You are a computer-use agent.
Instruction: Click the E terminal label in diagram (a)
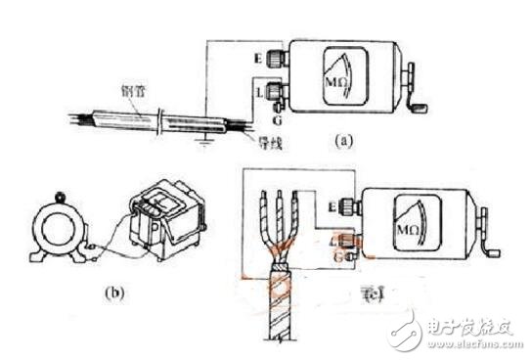[255, 57]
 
